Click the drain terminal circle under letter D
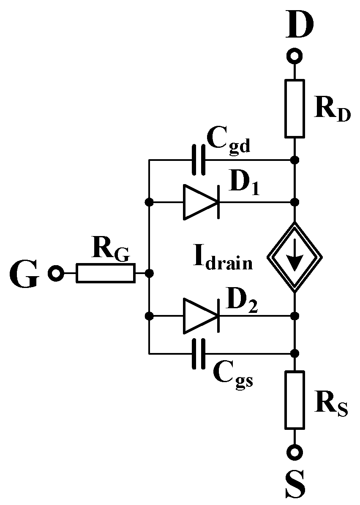pos(295,56)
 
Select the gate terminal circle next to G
pos(55,273)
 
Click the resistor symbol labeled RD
pos(295,108)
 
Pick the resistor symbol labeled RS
pos(295,399)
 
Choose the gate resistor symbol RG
pos(106,273)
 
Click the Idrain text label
pos(223,261)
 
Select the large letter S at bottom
pos(295,484)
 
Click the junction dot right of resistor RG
pos(149,273)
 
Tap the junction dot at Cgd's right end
pos(295,160)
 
